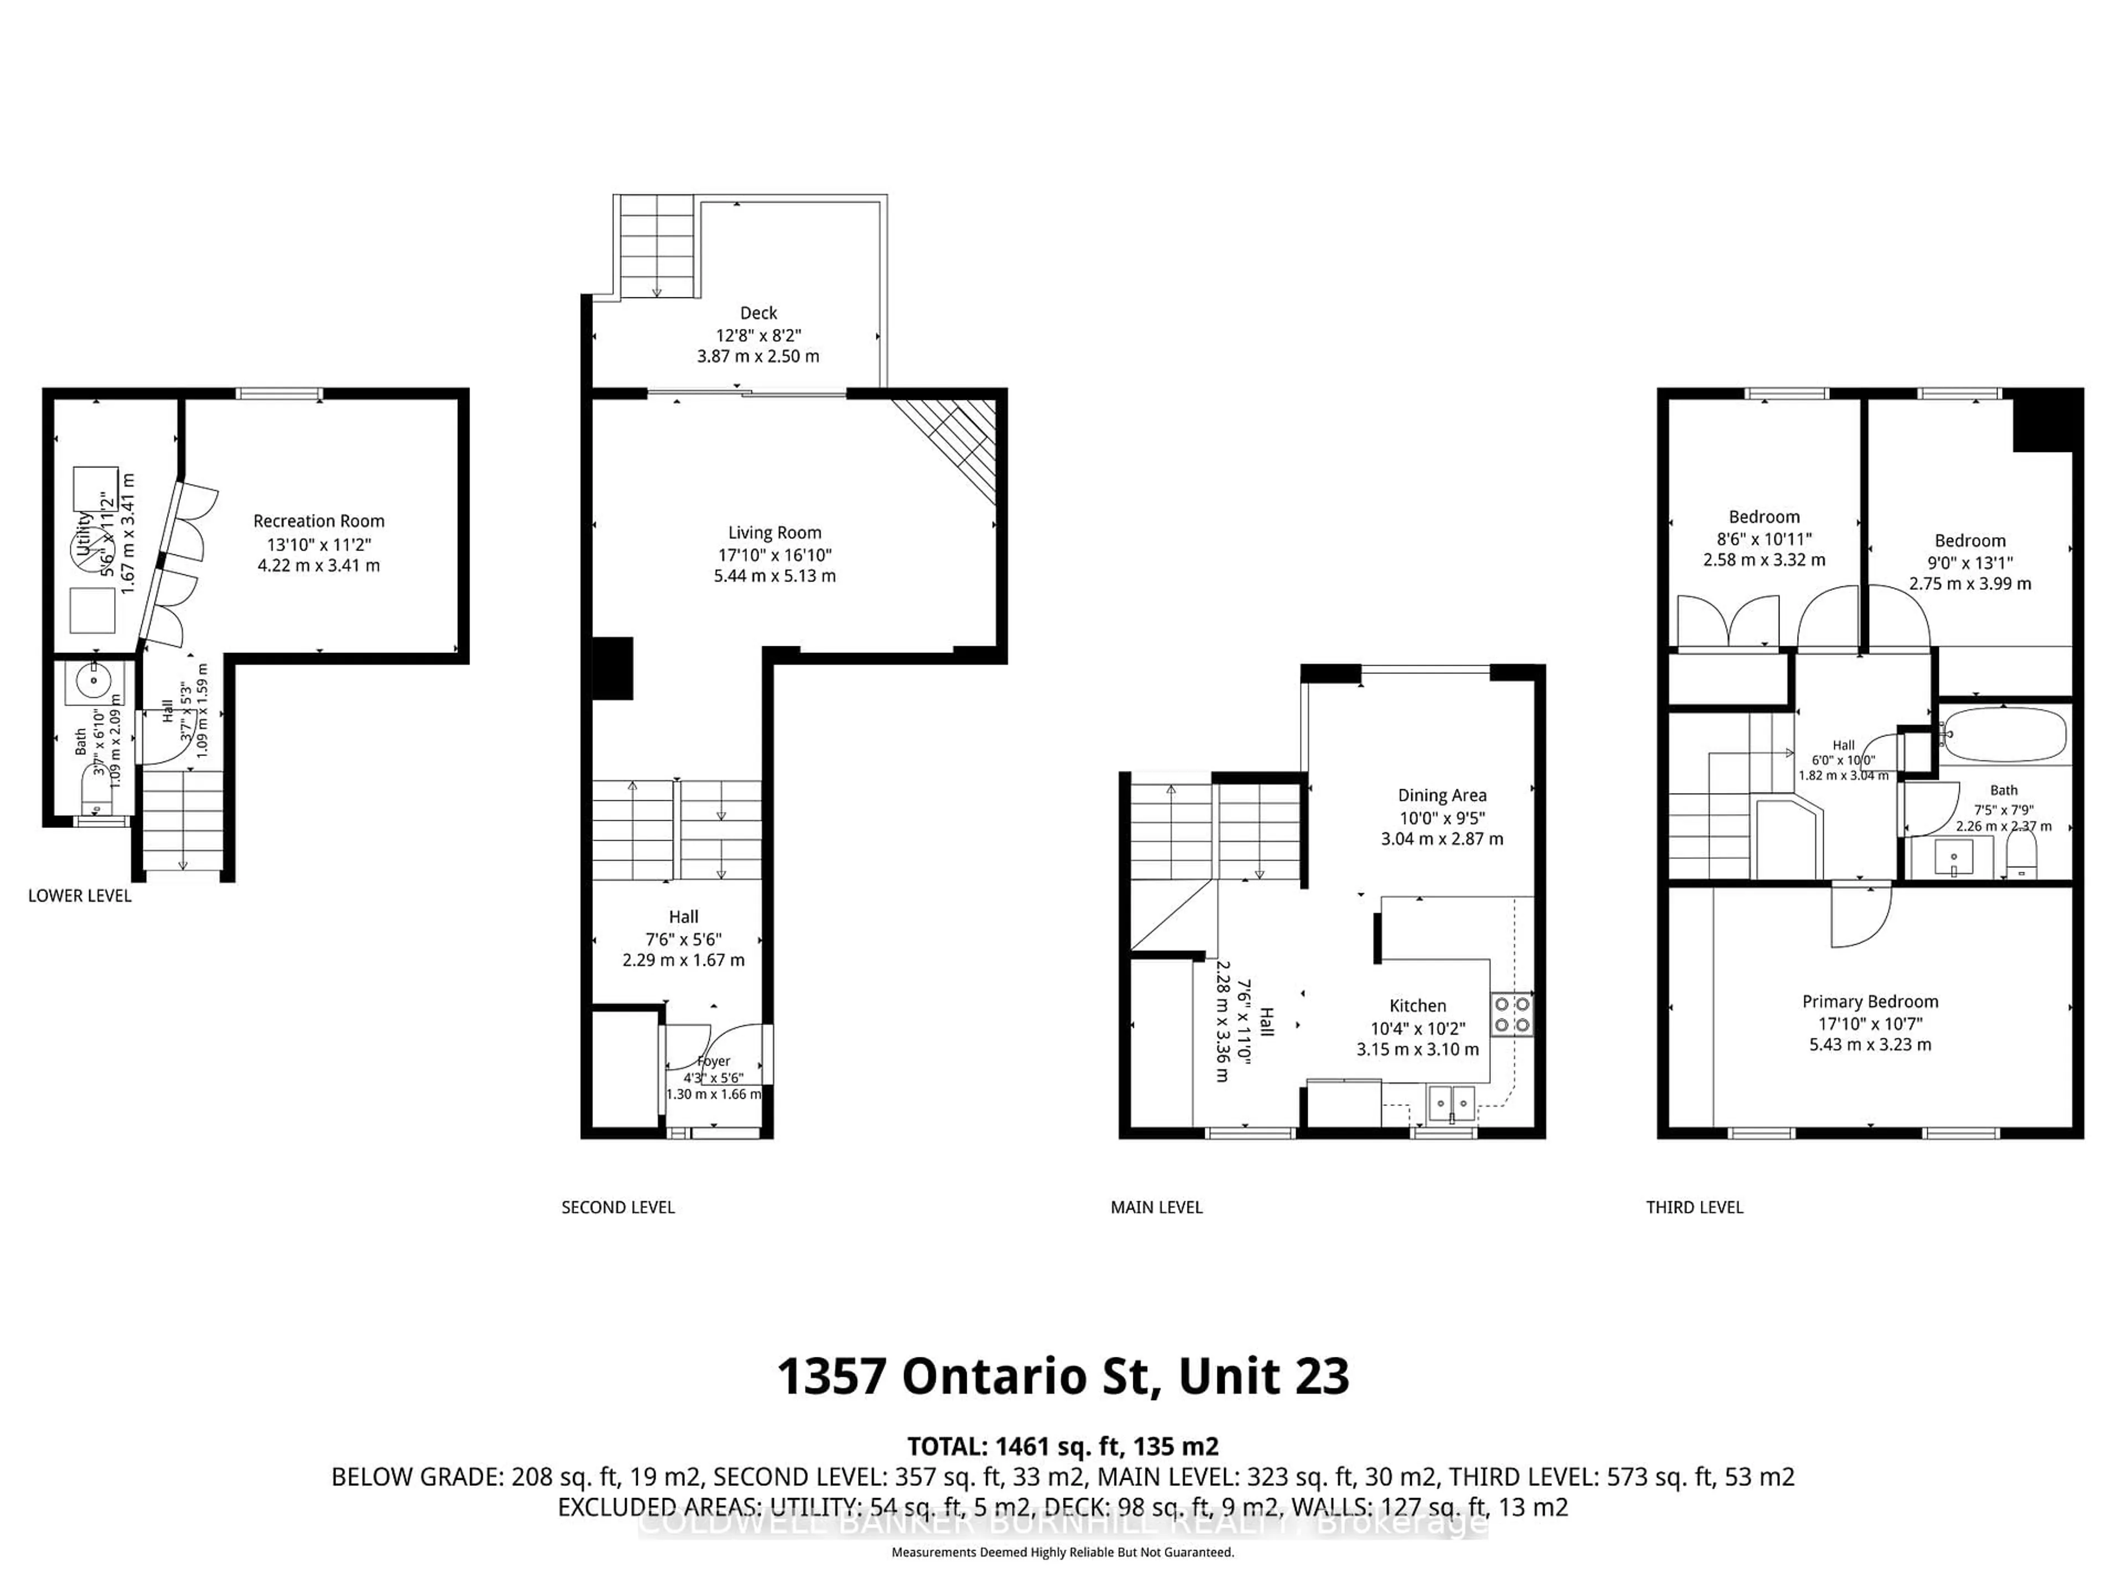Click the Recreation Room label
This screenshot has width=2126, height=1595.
click(x=318, y=521)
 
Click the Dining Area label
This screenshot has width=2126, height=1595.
click(x=1442, y=795)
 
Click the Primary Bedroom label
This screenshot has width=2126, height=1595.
click(x=1869, y=1001)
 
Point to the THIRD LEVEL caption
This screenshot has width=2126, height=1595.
click(x=1695, y=1207)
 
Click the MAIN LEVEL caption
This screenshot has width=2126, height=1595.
click(x=1156, y=1207)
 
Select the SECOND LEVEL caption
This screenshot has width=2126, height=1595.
click(x=618, y=1207)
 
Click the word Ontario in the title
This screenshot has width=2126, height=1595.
click(x=1025, y=1377)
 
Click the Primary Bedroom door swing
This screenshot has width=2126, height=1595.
click(x=1860, y=916)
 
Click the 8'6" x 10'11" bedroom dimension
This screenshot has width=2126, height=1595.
click(x=1764, y=539)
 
